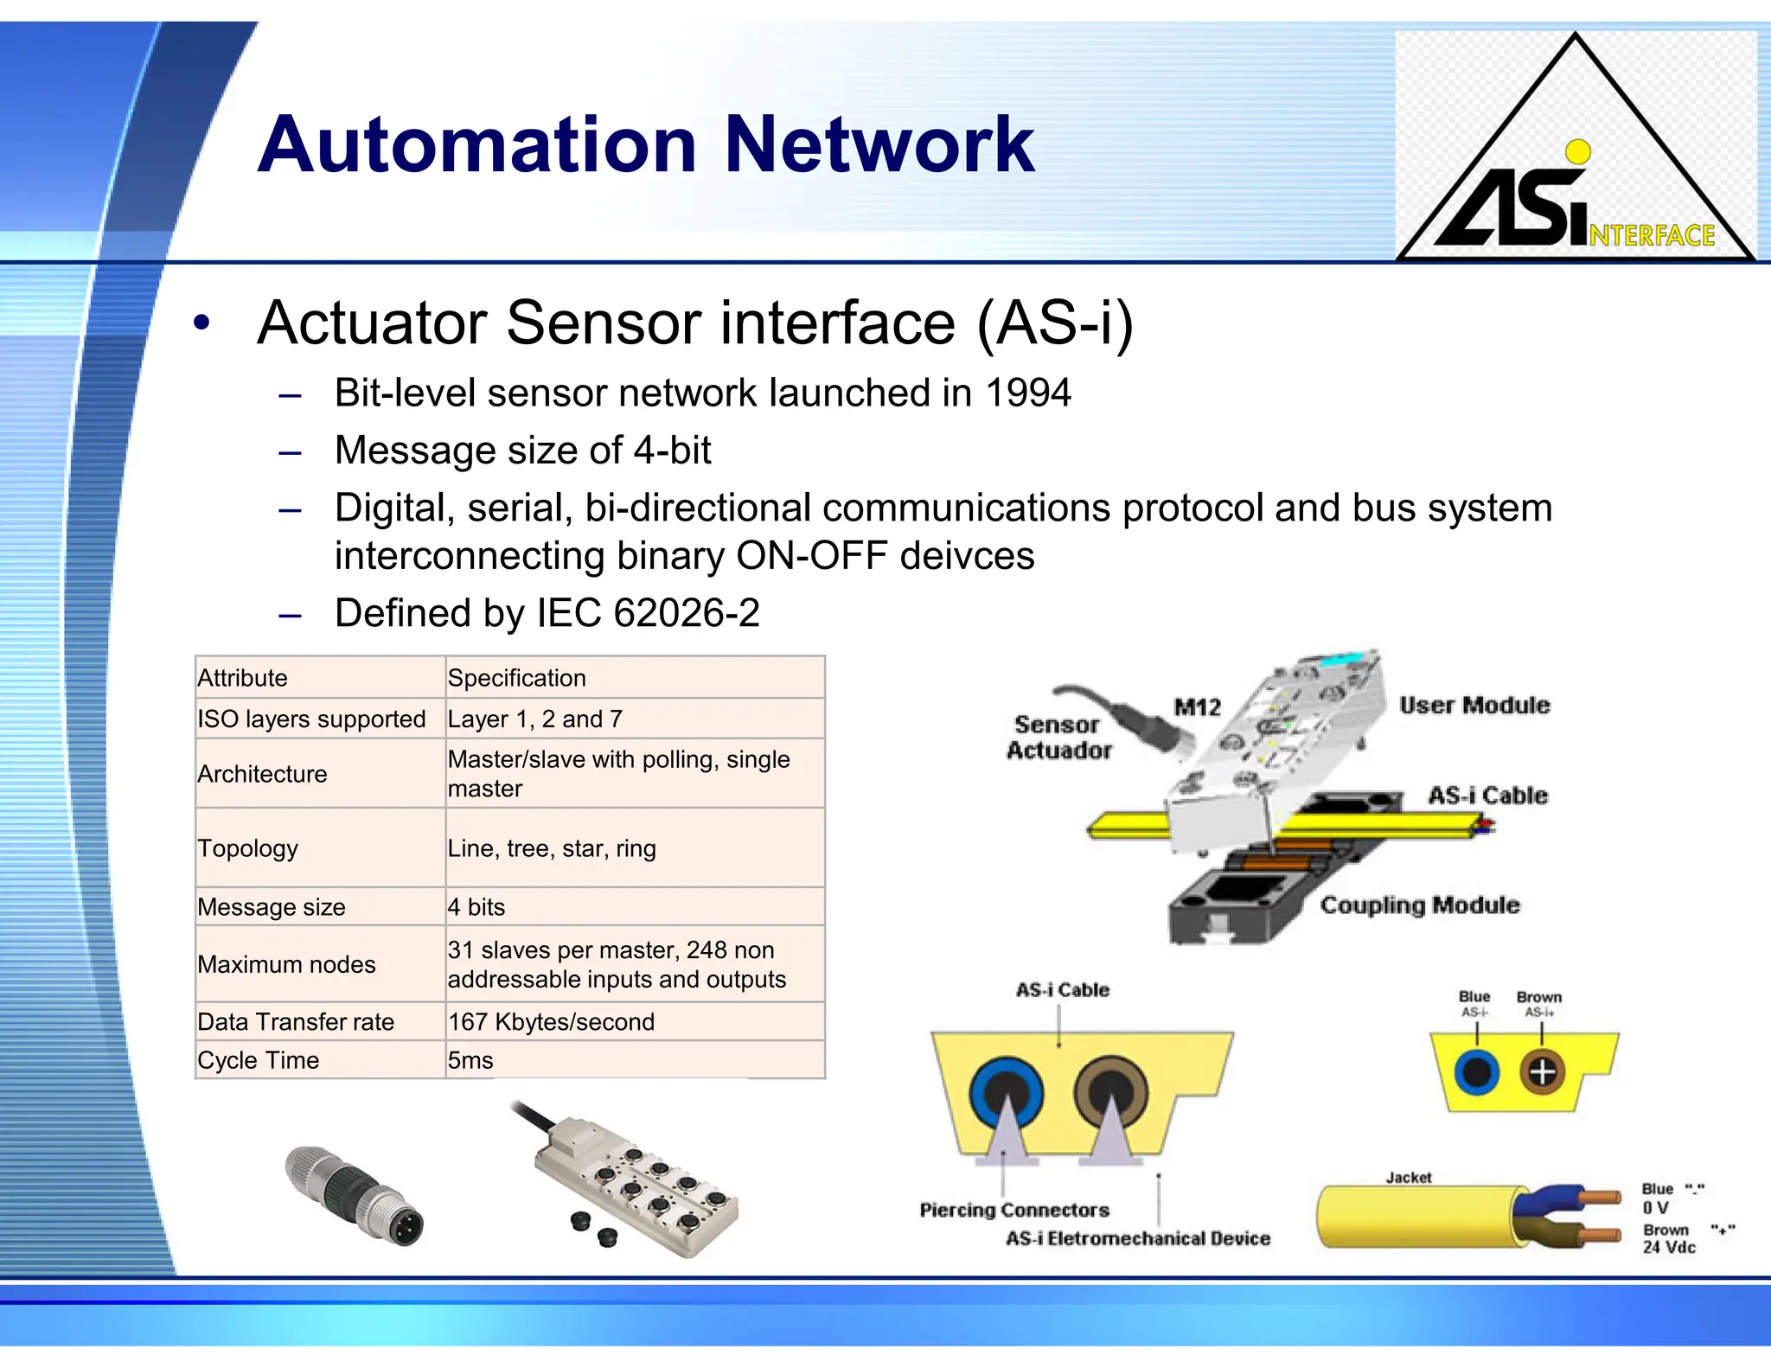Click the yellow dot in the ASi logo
tap(1578, 152)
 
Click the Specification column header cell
tap(516, 678)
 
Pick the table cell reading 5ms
tap(470, 1060)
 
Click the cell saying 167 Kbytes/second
tap(551, 1022)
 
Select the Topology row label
tap(247, 848)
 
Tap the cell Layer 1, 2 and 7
tap(534, 719)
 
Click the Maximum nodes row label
tap(286, 964)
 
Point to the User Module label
tap(1474, 706)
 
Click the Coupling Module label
tap(1419, 905)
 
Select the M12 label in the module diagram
tap(1197, 707)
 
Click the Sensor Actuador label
tap(1058, 738)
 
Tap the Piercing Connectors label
tap(1013, 1210)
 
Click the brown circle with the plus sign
tap(1542, 1072)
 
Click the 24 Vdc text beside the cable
tap(1668, 1247)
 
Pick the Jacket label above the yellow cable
tap(1408, 1178)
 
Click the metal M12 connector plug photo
tap(355, 1195)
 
